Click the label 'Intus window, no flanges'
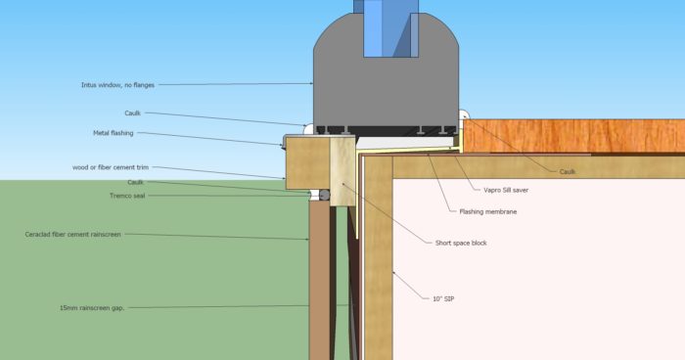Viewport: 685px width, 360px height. tap(116, 85)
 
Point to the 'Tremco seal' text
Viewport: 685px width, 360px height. tap(127, 196)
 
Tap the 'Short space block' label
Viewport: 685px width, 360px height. tap(460, 243)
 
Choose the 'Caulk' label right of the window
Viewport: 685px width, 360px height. tap(568, 172)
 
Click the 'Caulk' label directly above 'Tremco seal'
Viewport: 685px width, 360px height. tap(135, 182)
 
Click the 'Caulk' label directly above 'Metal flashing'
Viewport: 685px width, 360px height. tap(145, 113)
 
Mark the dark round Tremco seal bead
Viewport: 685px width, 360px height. tap(325, 196)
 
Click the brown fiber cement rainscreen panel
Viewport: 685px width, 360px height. tap(320, 284)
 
